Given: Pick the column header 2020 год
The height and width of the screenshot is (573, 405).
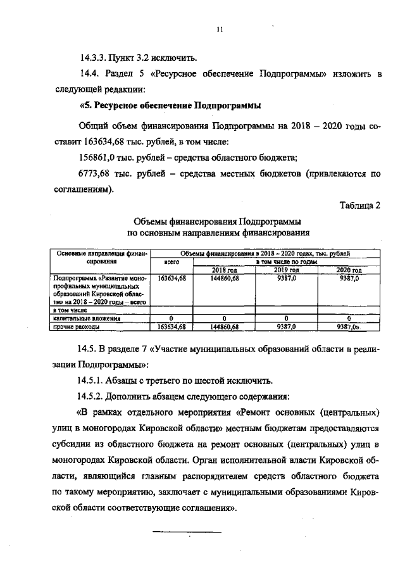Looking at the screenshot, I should click(x=347, y=270).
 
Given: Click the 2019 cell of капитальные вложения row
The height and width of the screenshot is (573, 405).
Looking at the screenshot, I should click(x=286, y=319).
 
